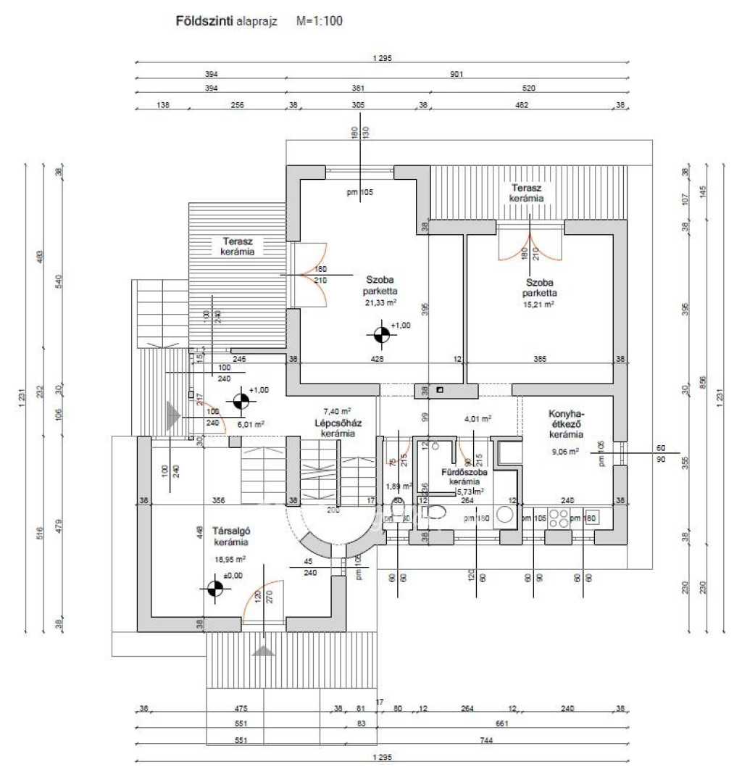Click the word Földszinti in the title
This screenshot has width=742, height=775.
click(x=199, y=22)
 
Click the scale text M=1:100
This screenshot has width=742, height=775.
click(x=319, y=22)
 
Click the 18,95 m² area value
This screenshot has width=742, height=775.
click(x=230, y=559)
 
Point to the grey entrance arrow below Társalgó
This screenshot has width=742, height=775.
click(x=264, y=650)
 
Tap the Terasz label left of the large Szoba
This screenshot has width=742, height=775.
click(x=238, y=246)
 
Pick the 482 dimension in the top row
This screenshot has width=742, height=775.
click(x=521, y=105)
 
